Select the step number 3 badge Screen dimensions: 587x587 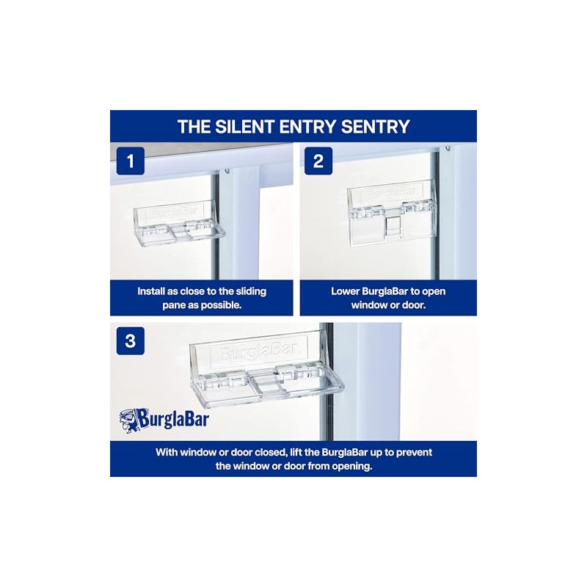click(131, 341)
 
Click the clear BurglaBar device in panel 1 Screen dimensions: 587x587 click(179, 225)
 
